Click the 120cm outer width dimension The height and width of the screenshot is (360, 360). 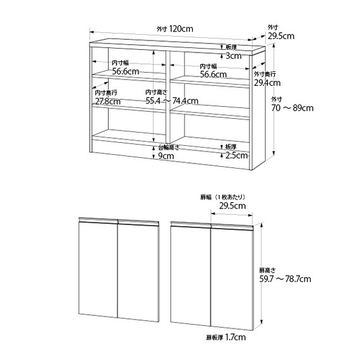181,29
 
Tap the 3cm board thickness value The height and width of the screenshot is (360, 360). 234,56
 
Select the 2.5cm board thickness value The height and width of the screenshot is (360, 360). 236,155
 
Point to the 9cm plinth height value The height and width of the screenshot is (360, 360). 166,156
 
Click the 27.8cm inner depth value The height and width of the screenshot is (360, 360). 107,101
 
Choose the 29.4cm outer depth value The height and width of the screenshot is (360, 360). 267,83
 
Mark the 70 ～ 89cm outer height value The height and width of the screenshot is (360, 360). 292,108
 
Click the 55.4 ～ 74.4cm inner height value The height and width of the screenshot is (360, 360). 172,100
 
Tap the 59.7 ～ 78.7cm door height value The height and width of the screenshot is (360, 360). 285,279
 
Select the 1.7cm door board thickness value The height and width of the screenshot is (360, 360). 236,337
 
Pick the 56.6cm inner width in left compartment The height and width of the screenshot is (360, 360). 126,71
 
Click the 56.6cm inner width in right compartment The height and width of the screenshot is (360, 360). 213,75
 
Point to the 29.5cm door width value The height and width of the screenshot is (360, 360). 232,206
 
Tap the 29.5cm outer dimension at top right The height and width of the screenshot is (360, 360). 281,36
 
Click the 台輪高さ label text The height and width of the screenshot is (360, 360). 169,148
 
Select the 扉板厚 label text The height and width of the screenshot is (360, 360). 215,338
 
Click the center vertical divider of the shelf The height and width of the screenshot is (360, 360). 167,97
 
